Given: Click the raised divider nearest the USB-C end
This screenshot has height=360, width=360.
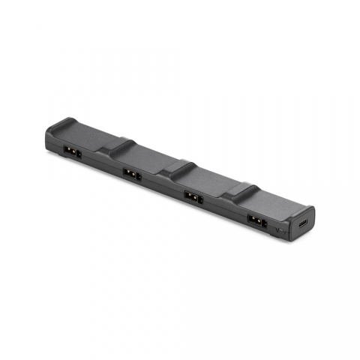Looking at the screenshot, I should (x=241, y=190).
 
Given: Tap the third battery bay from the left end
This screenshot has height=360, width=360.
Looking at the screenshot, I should (x=210, y=181).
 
